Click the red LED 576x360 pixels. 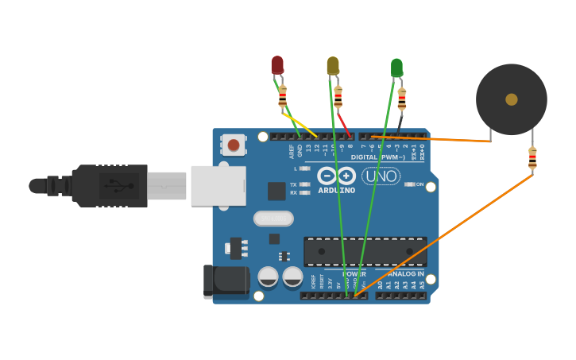pos(277,64)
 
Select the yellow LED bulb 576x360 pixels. pos(333,66)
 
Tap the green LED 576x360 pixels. pos(396,68)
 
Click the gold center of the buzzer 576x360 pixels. pos(511,99)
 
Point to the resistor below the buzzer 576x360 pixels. pos(532,158)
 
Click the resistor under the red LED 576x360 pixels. pos(282,97)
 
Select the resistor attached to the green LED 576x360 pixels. pos(402,99)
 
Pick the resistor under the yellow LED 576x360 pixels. pos(338,97)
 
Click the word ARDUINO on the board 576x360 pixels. pos(337,191)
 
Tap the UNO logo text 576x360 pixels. pos(381,176)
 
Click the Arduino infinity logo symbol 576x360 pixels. pos(337,176)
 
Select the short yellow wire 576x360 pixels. pos(300,124)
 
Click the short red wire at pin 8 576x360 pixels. pos(344,124)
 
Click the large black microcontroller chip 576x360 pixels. pos(365,251)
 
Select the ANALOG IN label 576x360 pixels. pos(404,273)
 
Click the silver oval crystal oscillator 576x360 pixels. pos(273,219)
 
